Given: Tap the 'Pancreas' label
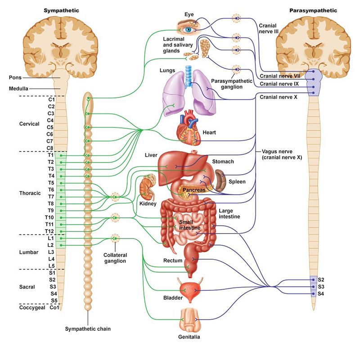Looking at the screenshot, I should point(194,190).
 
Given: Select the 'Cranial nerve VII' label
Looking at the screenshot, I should point(279,76).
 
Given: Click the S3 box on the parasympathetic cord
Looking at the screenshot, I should point(321,287).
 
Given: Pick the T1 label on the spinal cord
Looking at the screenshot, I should point(51,155).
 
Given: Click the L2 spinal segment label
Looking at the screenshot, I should point(51,245).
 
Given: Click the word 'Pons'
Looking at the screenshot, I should point(15,77).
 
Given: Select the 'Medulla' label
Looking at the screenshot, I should point(18,88).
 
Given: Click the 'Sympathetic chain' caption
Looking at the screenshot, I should point(88,329).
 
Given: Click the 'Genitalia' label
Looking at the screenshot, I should point(189,336).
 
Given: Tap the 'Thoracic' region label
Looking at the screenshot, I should point(30,193).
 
